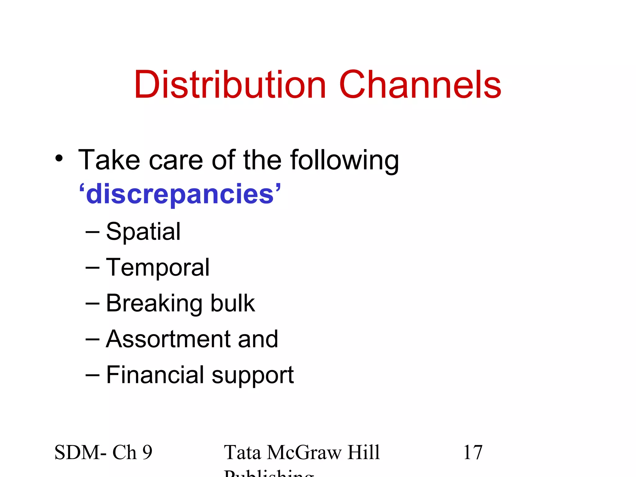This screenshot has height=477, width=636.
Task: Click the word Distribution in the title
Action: (x=230, y=84)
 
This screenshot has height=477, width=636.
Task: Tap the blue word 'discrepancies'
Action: (x=180, y=194)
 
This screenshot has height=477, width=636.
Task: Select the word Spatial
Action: (x=143, y=232)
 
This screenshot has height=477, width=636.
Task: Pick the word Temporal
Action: (x=158, y=268)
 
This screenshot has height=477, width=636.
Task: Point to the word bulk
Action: (x=233, y=303)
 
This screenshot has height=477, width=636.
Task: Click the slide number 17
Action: (x=473, y=452)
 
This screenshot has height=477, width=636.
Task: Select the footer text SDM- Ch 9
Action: (x=103, y=452)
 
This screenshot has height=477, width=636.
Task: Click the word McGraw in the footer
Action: (x=304, y=452)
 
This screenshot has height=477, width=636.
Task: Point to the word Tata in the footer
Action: (x=242, y=452)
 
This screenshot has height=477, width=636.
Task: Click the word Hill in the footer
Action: (x=364, y=452)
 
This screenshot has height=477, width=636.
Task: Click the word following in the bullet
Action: (x=344, y=160)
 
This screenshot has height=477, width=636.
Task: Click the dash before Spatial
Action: (x=92, y=232)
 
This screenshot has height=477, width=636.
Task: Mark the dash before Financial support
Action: (x=92, y=375)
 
